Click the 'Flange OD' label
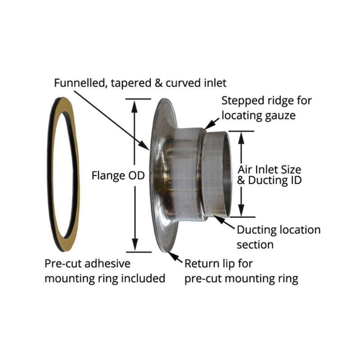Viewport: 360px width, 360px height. pos(118,175)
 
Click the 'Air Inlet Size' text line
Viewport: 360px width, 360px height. pos(269,170)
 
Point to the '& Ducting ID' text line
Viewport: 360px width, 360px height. pos(269,180)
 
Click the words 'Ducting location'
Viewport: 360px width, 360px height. pos(279,230)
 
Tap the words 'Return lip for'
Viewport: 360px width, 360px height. pos(219,264)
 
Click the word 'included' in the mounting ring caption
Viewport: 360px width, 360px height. pos(143,278)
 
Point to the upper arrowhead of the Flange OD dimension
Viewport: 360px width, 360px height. pos(135,106)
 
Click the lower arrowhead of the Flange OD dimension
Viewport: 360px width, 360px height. pos(135,245)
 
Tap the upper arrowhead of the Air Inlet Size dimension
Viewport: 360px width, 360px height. pos(241,138)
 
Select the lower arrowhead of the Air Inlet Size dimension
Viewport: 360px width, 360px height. pos(241,210)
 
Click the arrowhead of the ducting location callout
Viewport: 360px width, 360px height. pos(219,219)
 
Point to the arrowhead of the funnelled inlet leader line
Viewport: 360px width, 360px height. pos(144,145)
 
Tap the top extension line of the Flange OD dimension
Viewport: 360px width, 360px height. pos(138,99)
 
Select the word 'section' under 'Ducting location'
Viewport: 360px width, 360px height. pos(255,245)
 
